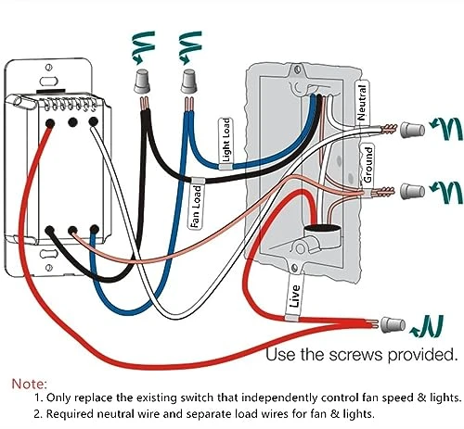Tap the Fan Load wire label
pos(196,207)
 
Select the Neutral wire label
pos(362,103)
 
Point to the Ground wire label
pos(368,164)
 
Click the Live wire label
pos(295,296)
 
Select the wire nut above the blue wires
pos(188,82)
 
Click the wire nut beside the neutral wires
pos(412,130)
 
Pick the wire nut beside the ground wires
pos(412,192)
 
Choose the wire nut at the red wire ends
pos(393,325)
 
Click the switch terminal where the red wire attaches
pos(50,123)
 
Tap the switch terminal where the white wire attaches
pos(93,121)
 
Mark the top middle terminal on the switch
pos(72,122)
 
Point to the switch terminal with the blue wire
pos(94,230)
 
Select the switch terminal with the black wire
pos(50,230)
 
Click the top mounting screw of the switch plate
pos(48,68)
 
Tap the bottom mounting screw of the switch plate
pos(48,268)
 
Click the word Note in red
pos(29,384)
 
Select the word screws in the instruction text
pos(355,355)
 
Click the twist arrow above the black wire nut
pos(143,46)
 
